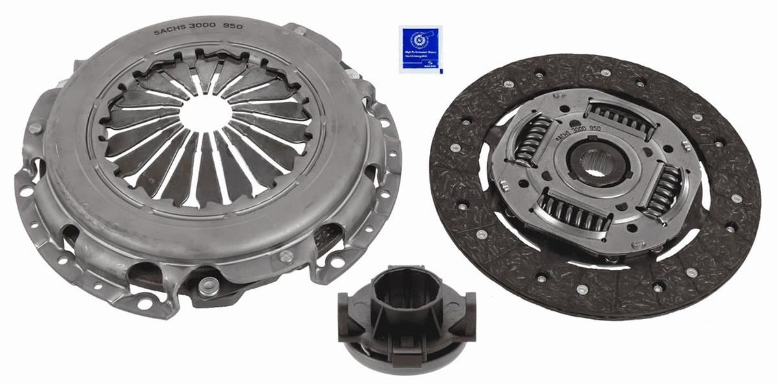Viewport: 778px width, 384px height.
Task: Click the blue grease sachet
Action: (419, 49)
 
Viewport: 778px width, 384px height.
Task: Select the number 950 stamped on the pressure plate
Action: (232, 27)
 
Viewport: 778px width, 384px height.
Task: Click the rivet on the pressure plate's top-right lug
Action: (299, 30)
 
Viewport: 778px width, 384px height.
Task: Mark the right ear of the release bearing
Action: (464, 317)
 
